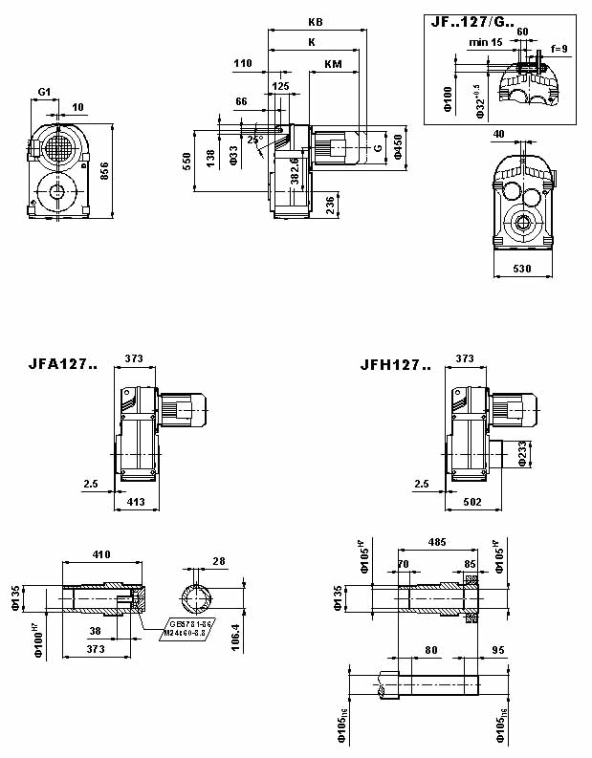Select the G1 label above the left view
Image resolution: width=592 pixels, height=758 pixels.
(x=44, y=92)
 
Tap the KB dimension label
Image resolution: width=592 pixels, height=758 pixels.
(x=316, y=21)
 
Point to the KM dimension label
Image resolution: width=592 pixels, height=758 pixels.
(x=333, y=64)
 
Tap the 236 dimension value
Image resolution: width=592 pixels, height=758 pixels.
(x=330, y=205)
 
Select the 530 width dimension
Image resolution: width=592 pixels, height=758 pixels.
(x=522, y=270)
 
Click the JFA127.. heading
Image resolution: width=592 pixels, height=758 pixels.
(x=63, y=364)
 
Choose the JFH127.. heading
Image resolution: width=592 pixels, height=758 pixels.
(x=395, y=364)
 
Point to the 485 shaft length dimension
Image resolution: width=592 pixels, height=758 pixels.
(x=437, y=543)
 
